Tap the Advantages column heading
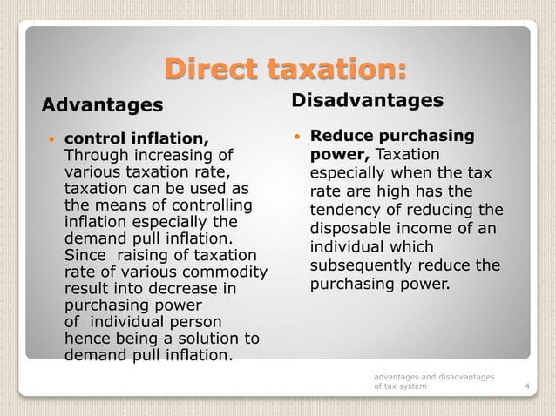click(x=102, y=105)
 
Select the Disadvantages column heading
click(x=367, y=101)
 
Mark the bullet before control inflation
click(x=52, y=139)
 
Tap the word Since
click(x=85, y=255)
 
